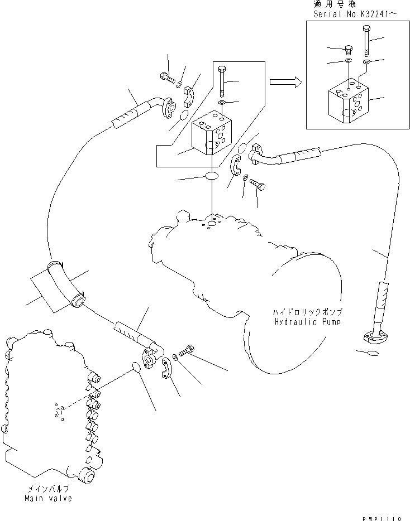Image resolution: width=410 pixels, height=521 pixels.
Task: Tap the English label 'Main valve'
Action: click(x=47, y=498)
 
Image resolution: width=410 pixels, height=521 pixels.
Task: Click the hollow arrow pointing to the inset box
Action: click(x=284, y=83)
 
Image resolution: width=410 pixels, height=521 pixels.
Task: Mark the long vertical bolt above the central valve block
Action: click(x=222, y=81)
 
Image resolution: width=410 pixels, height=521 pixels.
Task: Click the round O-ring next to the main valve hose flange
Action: click(x=134, y=366)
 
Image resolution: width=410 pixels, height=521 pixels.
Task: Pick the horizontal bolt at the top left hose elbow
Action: click(x=166, y=78)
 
